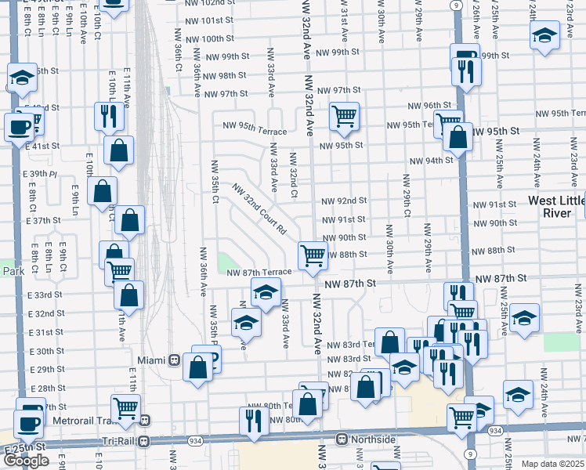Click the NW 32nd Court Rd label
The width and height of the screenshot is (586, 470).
[x=260, y=210]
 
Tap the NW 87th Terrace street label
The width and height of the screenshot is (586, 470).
[x=259, y=272]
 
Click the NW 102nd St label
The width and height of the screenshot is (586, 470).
[x=211, y=4]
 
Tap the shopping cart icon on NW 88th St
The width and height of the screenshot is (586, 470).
[x=313, y=255]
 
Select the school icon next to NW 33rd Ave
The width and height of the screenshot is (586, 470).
[x=266, y=292]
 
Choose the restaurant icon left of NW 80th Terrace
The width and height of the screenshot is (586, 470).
[x=254, y=421]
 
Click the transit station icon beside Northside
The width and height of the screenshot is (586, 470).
[x=342, y=439]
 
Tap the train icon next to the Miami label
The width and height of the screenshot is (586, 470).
[x=175, y=360]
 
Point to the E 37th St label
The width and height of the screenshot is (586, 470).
[x=43, y=221]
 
